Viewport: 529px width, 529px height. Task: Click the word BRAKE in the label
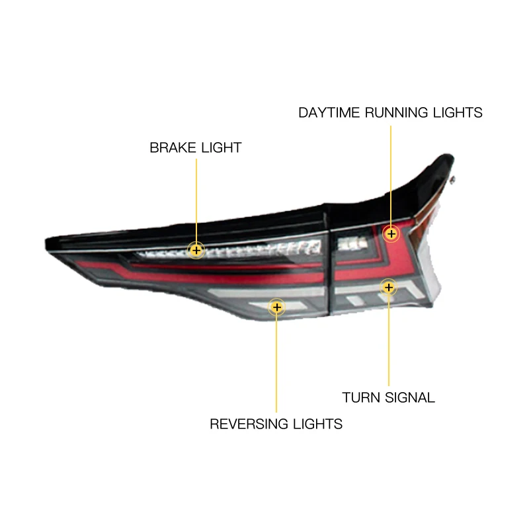(x=173, y=147)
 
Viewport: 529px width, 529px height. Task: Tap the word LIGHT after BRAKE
(x=222, y=147)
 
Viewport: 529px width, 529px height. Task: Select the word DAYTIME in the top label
(x=329, y=112)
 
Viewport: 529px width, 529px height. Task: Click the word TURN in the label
(x=361, y=397)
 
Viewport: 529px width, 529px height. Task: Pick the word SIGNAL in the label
(x=410, y=397)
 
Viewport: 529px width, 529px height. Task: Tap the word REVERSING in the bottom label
(x=249, y=424)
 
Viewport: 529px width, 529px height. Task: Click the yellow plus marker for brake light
(x=196, y=251)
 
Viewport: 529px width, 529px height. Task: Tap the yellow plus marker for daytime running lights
(x=391, y=233)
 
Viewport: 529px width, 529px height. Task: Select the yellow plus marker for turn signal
(x=389, y=288)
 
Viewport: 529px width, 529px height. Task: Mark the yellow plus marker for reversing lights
(x=276, y=307)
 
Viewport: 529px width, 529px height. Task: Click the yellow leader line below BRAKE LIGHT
(x=196, y=200)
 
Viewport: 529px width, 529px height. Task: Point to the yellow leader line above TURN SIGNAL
(x=389, y=341)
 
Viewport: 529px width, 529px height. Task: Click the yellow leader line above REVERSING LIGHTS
(x=276, y=364)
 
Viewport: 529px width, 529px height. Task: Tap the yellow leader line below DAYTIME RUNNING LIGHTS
(x=391, y=175)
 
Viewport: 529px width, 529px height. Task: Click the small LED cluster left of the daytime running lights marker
(x=352, y=243)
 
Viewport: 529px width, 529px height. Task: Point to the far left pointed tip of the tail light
(x=46, y=243)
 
